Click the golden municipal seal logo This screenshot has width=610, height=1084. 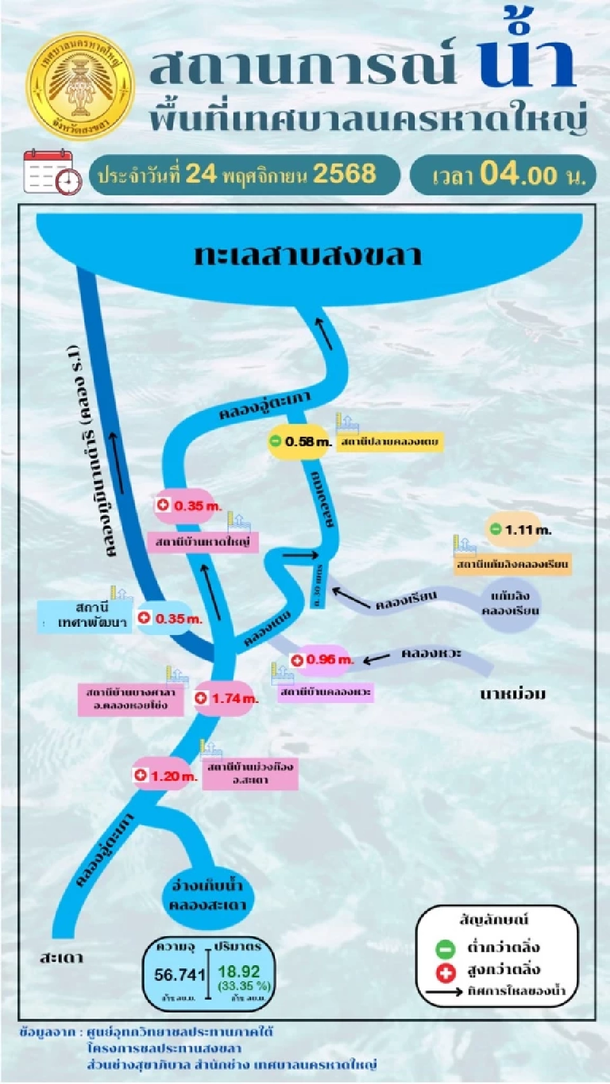pyautogui.click(x=81, y=87)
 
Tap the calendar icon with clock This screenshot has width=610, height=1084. pyautogui.click(x=53, y=171)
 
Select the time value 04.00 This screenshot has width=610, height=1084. pyautogui.click(x=518, y=174)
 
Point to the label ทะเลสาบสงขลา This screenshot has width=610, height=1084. pyautogui.click(x=308, y=255)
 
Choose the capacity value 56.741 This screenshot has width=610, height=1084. pyautogui.click(x=180, y=974)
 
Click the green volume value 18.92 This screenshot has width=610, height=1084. pyautogui.click(x=239, y=972)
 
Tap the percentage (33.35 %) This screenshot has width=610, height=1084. pyautogui.click(x=244, y=986)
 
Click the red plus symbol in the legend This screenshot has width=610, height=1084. pyautogui.click(x=445, y=972)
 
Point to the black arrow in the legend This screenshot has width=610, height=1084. pyautogui.click(x=444, y=991)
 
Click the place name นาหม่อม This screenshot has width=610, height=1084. pyautogui.click(x=513, y=694)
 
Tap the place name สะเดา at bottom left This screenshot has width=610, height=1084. pyautogui.click(x=61, y=958)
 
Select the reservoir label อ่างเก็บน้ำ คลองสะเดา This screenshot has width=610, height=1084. pyautogui.click(x=207, y=895)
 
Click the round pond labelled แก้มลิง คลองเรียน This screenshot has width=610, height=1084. pyautogui.click(x=510, y=603)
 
